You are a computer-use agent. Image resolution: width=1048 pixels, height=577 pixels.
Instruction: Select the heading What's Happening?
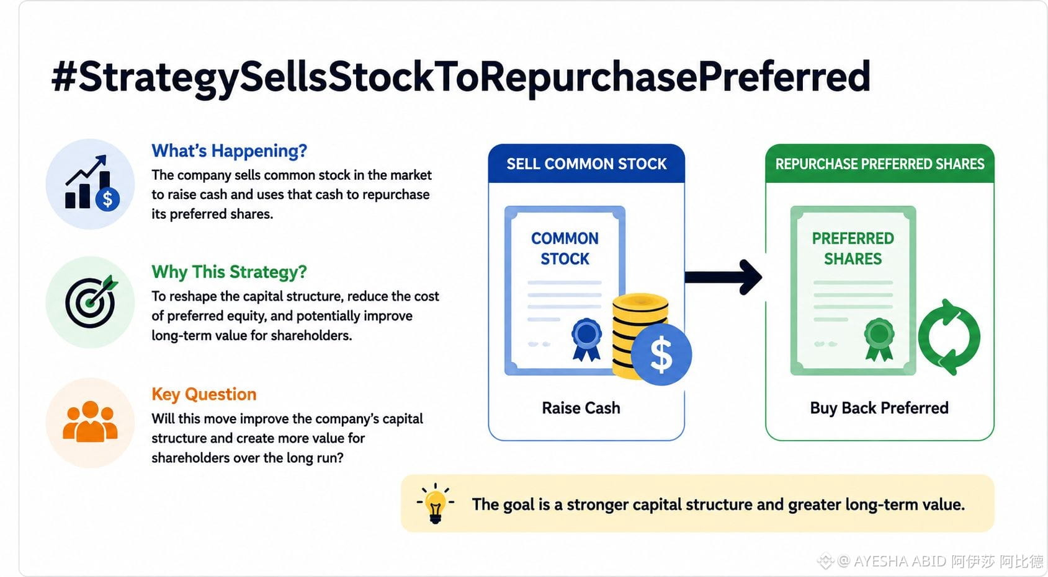229,151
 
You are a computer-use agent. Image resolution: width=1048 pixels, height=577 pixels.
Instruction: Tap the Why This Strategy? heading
229,272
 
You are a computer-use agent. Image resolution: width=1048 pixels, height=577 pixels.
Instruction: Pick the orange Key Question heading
204,394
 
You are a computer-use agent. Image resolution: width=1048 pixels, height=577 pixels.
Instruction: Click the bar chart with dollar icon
92,183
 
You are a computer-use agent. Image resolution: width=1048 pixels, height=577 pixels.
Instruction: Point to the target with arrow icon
91,302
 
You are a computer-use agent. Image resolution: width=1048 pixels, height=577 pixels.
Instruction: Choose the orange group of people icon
90,421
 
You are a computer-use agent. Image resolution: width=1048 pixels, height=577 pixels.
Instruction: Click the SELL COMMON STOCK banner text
586,164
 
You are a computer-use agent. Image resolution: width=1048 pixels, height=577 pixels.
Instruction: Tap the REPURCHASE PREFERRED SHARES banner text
880,164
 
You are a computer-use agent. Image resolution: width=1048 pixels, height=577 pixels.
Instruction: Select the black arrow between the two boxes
723,277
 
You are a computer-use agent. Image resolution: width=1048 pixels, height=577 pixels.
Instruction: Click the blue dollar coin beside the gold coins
661,355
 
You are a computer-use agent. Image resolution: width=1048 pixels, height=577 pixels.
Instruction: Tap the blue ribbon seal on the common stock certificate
586,340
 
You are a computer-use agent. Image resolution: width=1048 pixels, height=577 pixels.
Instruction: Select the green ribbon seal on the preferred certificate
879,340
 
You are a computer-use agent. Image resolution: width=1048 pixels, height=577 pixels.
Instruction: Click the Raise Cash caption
581,408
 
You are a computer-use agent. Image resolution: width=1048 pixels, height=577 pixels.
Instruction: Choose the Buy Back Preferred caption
879,408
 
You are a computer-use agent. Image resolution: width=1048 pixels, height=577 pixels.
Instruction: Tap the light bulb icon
435,504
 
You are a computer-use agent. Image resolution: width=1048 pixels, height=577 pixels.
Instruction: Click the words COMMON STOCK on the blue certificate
565,249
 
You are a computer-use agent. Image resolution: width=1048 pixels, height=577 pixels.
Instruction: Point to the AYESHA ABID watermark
940,561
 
